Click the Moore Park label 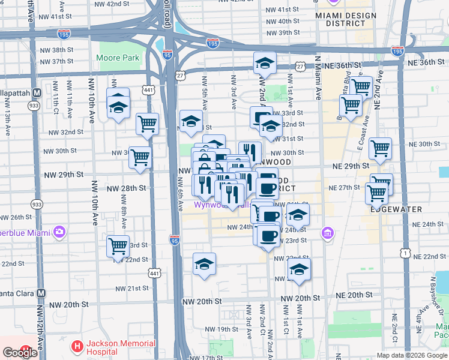[118, 58]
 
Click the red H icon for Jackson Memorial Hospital [77, 347]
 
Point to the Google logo [20, 353]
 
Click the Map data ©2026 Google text [412, 355]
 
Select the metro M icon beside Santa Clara [41, 293]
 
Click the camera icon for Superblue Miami [59, 232]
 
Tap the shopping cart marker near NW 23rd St [118, 247]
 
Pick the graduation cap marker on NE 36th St [265, 63]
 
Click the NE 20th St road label [355, 296]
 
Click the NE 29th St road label [348, 165]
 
